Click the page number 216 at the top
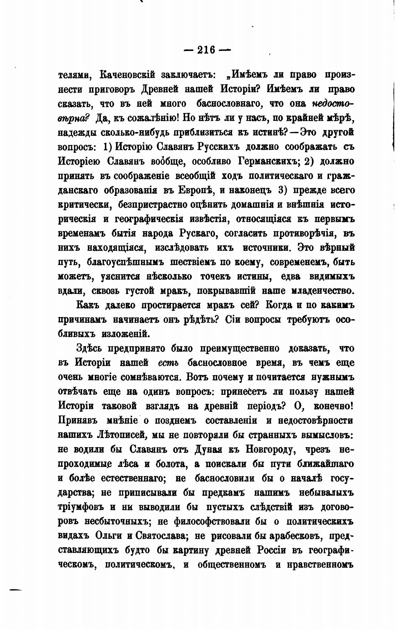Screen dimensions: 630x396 pyautogui.click(x=206, y=50)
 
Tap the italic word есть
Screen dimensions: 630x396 pyautogui.click(x=168, y=363)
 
